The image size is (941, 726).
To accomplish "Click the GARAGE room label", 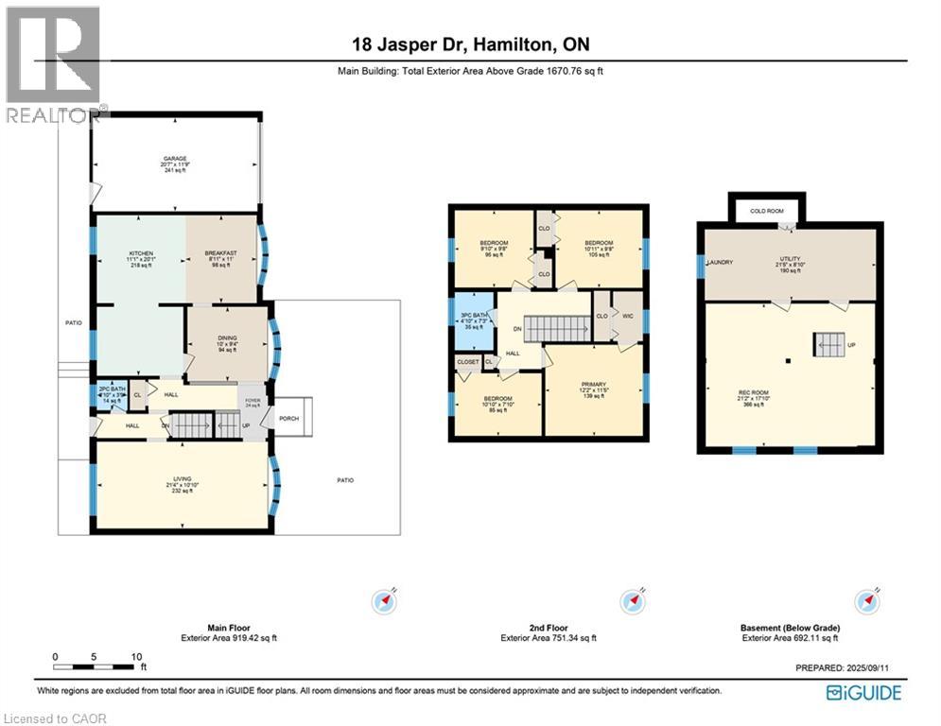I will coord(174,159).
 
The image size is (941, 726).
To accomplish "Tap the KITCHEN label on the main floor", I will coord(141,253).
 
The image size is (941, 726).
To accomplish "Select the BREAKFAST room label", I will coord(221,253).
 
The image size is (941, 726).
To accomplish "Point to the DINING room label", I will coord(227,337).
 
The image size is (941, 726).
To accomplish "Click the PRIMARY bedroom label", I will coord(593,385).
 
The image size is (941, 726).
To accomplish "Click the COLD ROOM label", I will coord(766,212).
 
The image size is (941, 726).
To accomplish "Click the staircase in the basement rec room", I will coord(829,345).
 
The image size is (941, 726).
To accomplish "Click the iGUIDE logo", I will coord(863,693).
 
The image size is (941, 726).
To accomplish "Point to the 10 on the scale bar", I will coord(136,656).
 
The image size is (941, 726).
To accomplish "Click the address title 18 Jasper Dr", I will coord(470,45).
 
